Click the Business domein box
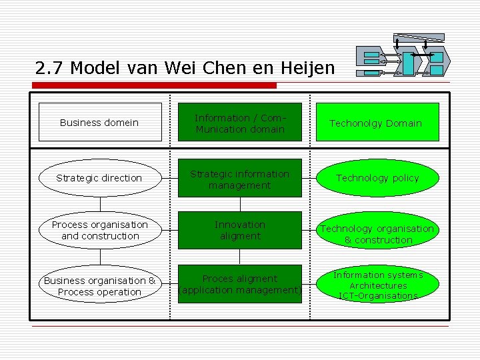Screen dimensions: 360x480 [x=99, y=122]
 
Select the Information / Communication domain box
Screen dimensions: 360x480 [x=240, y=122]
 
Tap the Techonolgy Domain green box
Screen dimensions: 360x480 [x=377, y=122]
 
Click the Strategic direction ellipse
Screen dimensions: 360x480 [x=99, y=178]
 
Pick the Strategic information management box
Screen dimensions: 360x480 [x=240, y=179]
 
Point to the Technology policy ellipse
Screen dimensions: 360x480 [x=377, y=178]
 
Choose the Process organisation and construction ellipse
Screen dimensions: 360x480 [x=99, y=231]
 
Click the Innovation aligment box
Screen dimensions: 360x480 [x=240, y=231]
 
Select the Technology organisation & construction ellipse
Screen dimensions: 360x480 [x=377, y=234]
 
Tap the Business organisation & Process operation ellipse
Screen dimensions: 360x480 [x=99, y=286]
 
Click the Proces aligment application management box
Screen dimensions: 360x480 [x=240, y=285]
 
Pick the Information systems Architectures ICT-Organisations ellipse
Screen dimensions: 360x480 [x=377, y=285]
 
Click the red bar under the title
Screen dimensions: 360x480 [x=153, y=85]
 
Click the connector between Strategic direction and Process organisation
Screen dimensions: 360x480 [x=99, y=204]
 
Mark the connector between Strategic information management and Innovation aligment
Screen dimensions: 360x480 [x=240, y=204]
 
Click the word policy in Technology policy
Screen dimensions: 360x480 [x=405, y=178]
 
